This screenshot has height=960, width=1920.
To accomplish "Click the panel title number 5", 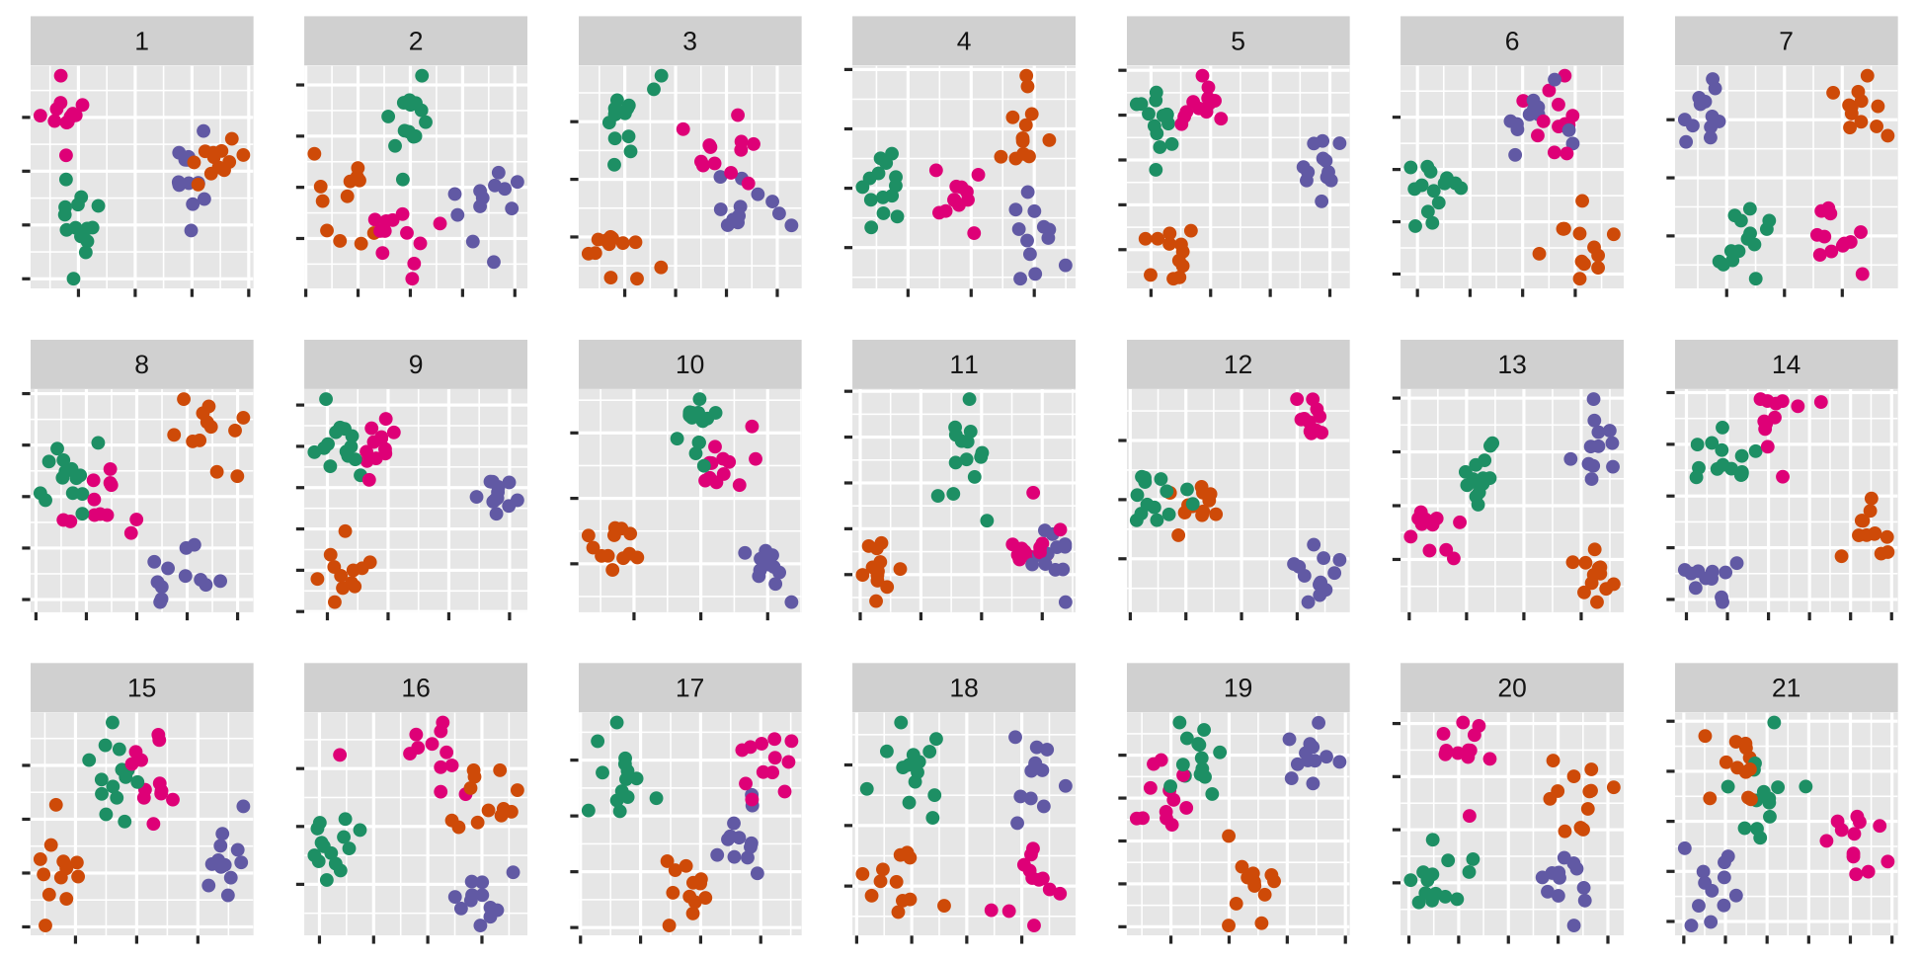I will click(1238, 41).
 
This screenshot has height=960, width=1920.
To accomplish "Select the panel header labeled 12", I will click(1238, 364).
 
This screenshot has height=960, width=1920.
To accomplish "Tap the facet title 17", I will click(689, 687).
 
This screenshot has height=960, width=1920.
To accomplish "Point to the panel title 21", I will click(1786, 687).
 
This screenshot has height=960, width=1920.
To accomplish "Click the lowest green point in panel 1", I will click(73, 279).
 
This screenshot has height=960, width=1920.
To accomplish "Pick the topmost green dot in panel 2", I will click(422, 76).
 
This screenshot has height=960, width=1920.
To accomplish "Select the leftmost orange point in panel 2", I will click(314, 153).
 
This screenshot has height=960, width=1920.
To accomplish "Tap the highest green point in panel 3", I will click(662, 76).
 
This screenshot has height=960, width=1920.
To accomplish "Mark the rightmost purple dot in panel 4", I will click(1066, 265).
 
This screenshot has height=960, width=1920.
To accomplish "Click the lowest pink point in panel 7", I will click(1862, 274).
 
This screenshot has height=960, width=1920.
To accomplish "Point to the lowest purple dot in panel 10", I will click(791, 601).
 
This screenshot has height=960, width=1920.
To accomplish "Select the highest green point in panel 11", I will click(970, 399).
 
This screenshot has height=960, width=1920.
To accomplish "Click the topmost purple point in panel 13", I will click(1593, 399).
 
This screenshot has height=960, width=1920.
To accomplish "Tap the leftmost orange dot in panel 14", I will click(1841, 556).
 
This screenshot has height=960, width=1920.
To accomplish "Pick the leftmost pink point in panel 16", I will click(340, 755).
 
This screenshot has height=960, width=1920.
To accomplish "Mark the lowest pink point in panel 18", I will click(1034, 925).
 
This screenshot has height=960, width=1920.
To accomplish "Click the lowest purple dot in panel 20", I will click(1574, 925).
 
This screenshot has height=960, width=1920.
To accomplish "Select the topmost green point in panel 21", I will click(1774, 723).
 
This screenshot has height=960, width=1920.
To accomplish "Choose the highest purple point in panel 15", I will click(243, 806).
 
